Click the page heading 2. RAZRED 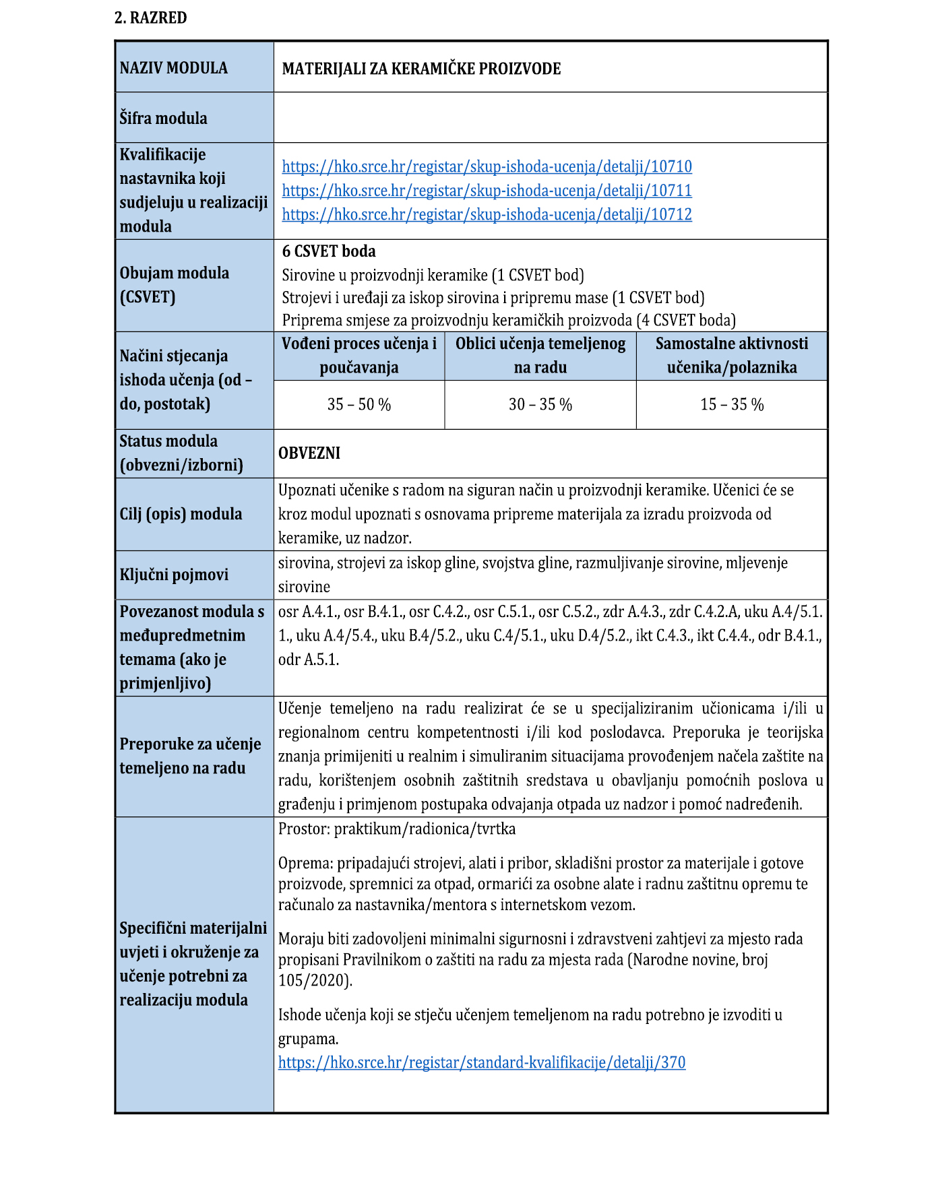pyautogui.click(x=150, y=18)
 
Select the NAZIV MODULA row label pyautogui.click(x=173, y=68)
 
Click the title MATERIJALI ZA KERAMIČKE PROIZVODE pyautogui.click(x=421, y=69)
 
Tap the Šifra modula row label pyautogui.click(x=163, y=119)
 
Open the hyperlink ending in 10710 pyautogui.click(x=487, y=166)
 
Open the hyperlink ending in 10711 pyautogui.click(x=487, y=191)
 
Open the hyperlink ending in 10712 pyautogui.click(x=487, y=214)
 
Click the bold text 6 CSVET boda pyautogui.click(x=329, y=251)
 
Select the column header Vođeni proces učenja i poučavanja pyautogui.click(x=359, y=355)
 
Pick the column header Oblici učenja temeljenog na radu pyautogui.click(x=540, y=355)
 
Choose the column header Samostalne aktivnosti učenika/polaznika pyautogui.click(x=732, y=355)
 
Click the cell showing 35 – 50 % pyautogui.click(x=359, y=405)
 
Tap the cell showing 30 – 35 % pyautogui.click(x=540, y=405)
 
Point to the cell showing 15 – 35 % pyautogui.click(x=732, y=405)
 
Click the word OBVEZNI pyautogui.click(x=309, y=453)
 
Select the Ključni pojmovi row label pyautogui.click(x=174, y=575)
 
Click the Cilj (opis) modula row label pyautogui.click(x=181, y=514)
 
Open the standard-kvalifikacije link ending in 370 pyautogui.click(x=482, y=1063)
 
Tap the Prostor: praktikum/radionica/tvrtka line pyautogui.click(x=397, y=829)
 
